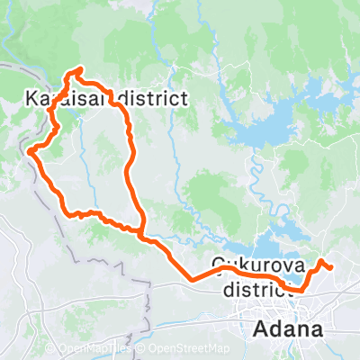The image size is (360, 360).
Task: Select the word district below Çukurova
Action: coord(256,287)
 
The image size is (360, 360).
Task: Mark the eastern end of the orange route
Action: coord(331,267)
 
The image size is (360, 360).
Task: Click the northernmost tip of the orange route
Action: coord(80,69)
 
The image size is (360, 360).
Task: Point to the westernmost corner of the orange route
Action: coord(31,151)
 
